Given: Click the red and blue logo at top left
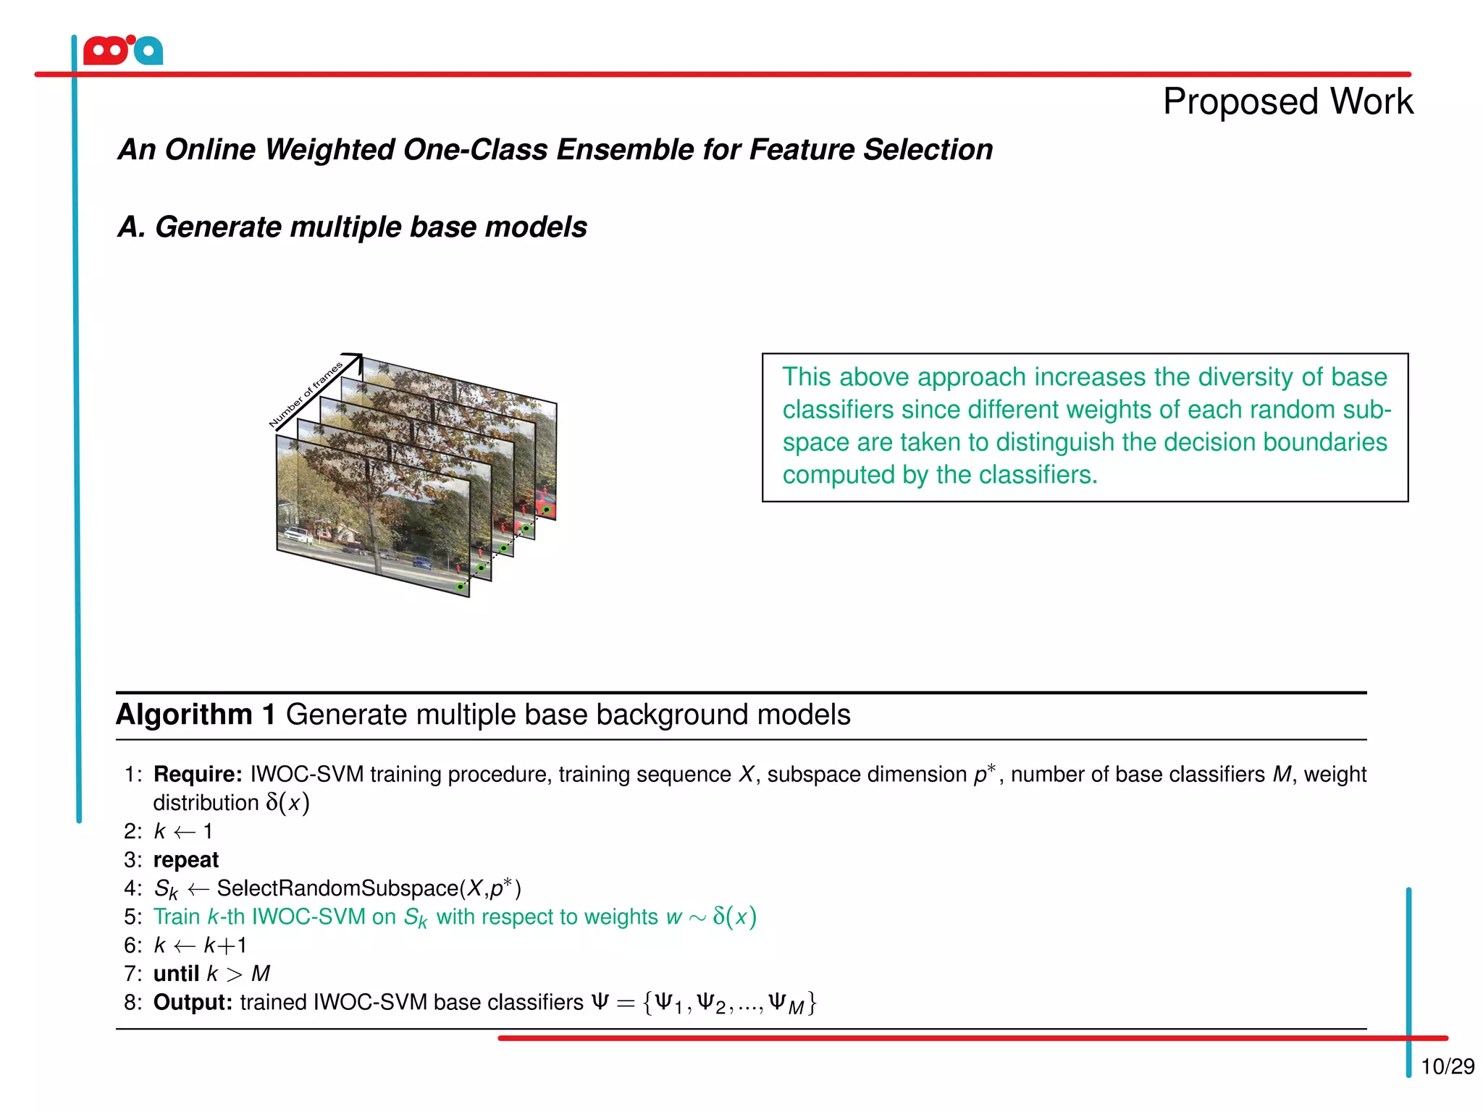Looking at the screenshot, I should point(123,51).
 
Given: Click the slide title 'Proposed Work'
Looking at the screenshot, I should point(1287,101).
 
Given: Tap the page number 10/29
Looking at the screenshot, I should point(1447,1066).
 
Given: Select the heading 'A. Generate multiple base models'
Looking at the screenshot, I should point(352,227).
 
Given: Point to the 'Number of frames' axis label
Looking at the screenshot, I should point(305,395).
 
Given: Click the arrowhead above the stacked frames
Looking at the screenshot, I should point(355,359).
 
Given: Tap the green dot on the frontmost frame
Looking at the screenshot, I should point(461,586).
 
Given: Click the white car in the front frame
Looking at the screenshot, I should point(298,535).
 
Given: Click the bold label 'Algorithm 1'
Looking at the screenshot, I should point(196,715).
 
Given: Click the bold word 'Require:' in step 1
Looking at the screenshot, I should point(198,774).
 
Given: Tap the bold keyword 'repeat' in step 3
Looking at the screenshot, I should point(186,860).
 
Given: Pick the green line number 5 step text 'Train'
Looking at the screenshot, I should point(177,917).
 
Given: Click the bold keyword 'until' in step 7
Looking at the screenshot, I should point(176,974).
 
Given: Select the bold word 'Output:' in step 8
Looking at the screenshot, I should point(193,1003).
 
